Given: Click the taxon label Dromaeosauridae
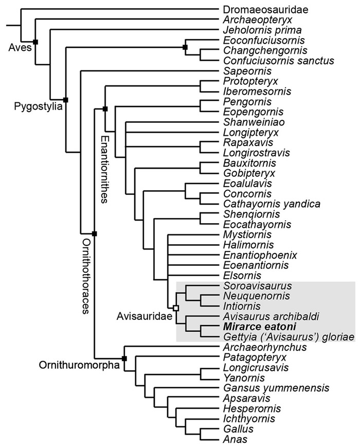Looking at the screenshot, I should click(x=259, y=9).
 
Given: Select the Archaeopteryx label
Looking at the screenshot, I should click(x=249, y=20).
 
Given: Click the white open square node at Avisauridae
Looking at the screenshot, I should click(x=176, y=308).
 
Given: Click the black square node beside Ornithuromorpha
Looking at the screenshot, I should click(x=124, y=358).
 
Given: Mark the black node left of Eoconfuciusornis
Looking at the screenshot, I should click(x=185, y=47).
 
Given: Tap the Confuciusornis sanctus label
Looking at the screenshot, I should click(x=271, y=61).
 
